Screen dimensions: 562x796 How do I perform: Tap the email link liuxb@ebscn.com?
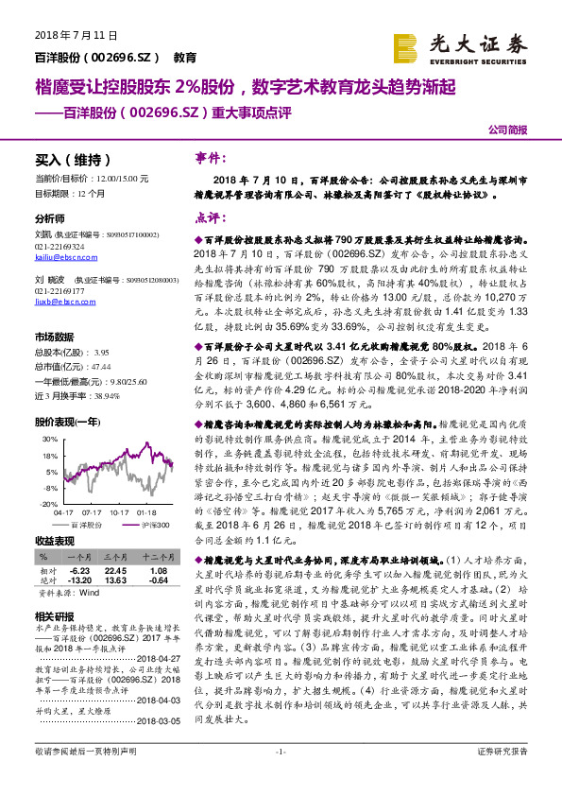coord(58,303)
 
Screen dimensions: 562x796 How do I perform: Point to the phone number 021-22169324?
coord(60,246)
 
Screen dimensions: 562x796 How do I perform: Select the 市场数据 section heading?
coord(54,337)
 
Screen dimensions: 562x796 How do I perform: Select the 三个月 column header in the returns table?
coord(115,558)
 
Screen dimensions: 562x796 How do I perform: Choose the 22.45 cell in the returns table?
coord(115,571)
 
